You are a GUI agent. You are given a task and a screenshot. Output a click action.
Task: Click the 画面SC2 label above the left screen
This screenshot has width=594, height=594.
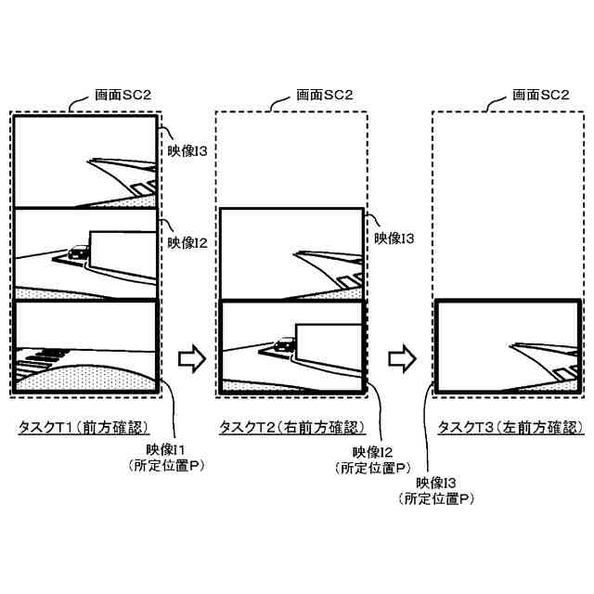[125, 95]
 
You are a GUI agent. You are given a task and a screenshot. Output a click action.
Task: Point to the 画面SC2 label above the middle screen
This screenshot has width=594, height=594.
[324, 95]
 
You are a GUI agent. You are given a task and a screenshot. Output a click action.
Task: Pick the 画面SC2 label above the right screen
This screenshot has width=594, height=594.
[541, 95]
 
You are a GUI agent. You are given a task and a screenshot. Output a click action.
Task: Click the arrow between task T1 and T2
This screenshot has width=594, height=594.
[189, 357]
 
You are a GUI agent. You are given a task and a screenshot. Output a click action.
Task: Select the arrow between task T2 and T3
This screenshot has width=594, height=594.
[401, 357]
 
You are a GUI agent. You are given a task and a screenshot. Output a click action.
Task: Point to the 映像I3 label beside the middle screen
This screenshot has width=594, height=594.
[394, 239]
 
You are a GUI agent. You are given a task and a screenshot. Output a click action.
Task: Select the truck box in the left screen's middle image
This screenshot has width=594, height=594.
[122, 245]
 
